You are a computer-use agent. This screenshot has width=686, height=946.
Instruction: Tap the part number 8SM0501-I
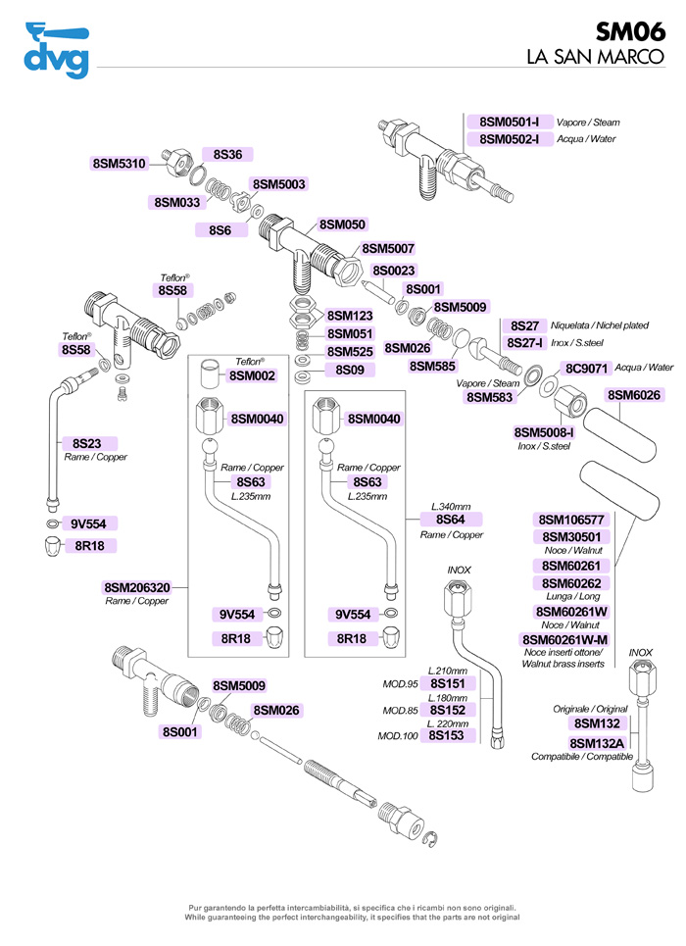(510, 123)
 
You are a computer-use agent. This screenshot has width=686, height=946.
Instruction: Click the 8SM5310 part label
(119, 164)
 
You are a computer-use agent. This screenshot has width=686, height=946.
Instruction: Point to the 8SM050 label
(343, 224)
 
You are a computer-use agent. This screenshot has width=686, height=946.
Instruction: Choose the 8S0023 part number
(394, 271)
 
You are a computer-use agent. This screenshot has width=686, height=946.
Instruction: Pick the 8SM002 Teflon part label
(252, 375)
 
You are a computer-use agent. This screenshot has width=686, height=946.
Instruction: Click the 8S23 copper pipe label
(88, 443)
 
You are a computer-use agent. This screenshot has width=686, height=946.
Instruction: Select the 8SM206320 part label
(137, 588)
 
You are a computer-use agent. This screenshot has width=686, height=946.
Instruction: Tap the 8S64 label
(451, 519)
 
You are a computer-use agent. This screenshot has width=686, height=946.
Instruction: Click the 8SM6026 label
(634, 395)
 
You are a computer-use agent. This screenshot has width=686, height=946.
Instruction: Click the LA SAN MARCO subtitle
(601, 57)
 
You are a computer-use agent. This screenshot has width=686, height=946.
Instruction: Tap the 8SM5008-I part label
(544, 431)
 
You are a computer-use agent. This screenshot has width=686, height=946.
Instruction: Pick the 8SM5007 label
(388, 249)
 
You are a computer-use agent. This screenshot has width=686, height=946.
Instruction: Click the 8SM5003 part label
(279, 184)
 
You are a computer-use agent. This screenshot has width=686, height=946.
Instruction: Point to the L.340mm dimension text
(451, 506)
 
